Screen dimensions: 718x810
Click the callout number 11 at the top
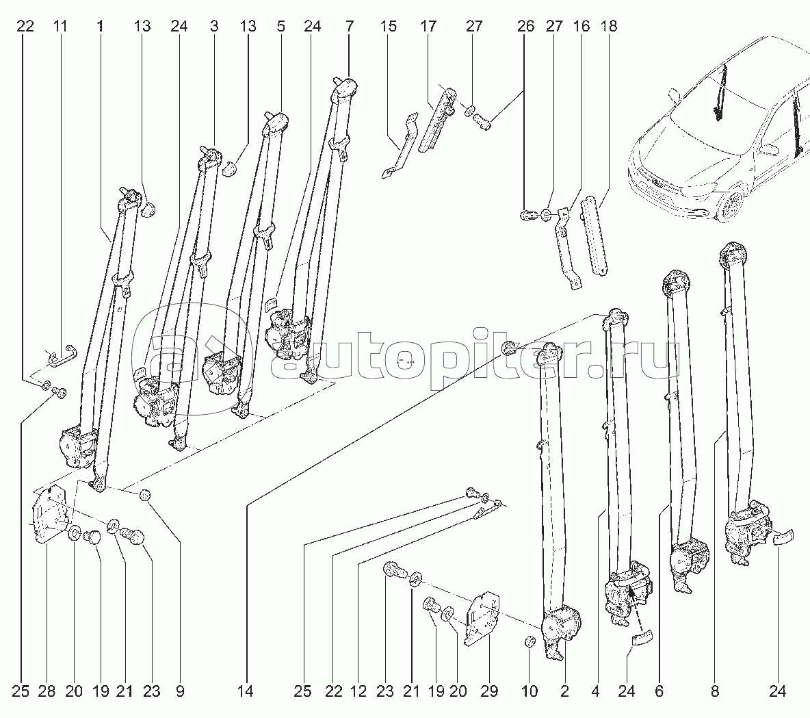[60, 27]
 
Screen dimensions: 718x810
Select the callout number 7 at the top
[350, 27]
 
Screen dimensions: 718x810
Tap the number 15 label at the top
[388, 27]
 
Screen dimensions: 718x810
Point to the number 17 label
[428, 27]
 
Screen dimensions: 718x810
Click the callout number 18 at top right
[608, 27]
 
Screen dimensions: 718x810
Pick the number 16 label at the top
[582, 27]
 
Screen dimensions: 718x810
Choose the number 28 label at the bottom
[47, 691]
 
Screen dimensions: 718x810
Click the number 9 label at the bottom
[180, 691]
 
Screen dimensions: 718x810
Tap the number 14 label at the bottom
[246, 691]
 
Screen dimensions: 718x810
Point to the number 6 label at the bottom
[659, 691]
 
